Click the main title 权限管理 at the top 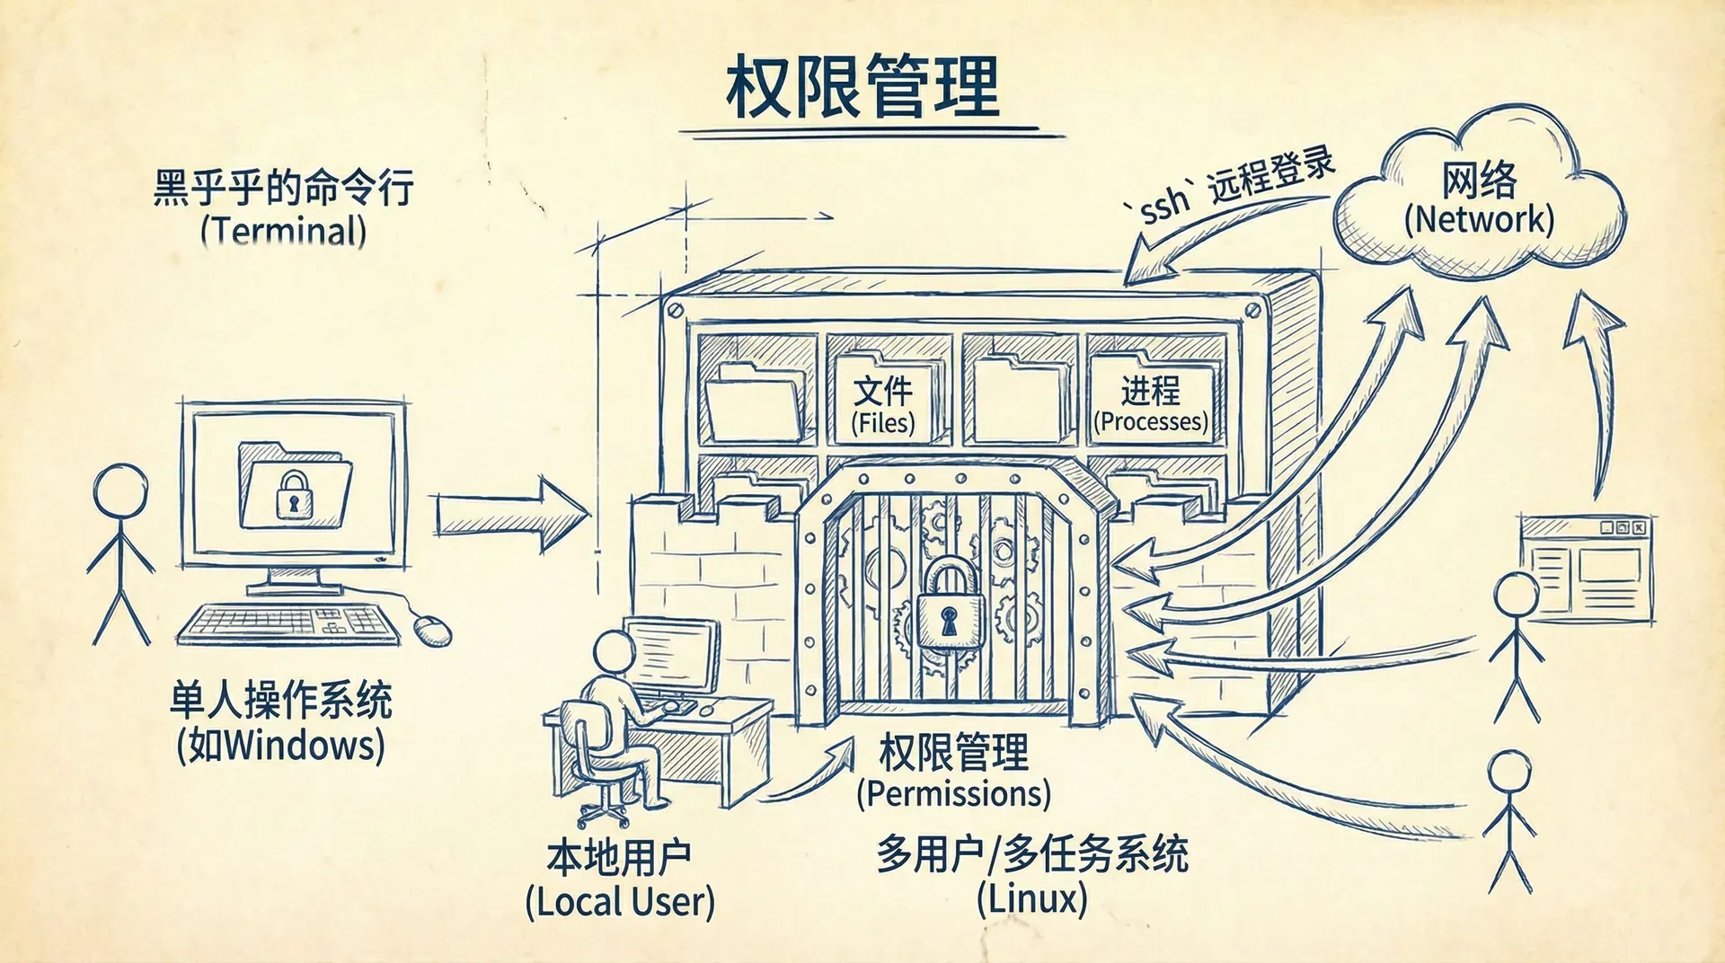[862, 87]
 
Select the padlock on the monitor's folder [293, 495]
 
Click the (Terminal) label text [284, 231]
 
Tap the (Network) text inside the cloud [1479, 219]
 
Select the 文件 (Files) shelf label [883, 404]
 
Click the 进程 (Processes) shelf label [1151, 404]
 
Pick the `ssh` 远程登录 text [1235, 187]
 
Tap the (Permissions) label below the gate [953, 794]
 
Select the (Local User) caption [620, 902]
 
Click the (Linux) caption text [1032, 898]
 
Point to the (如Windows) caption [281, 746]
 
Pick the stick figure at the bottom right [1509, 822]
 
